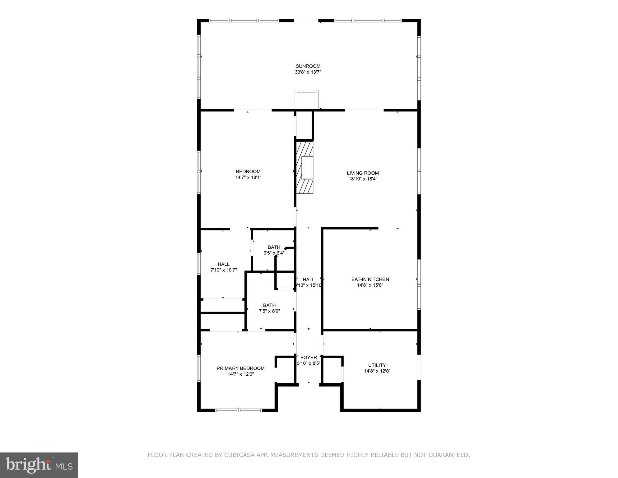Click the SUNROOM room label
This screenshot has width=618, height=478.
pyautogui.click(x=308, y=66)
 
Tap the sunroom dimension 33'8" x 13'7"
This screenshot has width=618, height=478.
pyautogui.click(x=308, y=72)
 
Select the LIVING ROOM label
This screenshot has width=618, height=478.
pyautogui.click(x=363, y=173)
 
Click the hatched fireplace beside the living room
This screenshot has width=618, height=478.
pyautogui.click(x=304, y=167)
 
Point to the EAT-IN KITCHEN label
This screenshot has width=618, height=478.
pyautogui.click(x=370, y=279)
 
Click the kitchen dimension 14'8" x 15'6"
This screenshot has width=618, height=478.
pyautogui.click(x=370, y=285)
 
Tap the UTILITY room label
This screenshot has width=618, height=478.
pyautogui.click(x=377, y=365)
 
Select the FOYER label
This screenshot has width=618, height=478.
pyautogui.click(x=309, y=358)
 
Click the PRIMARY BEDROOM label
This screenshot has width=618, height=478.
pyautogui.click(x=240, y=368)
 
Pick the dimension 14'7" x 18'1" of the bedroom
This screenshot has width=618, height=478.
pyautogui.click(x=248, y=177)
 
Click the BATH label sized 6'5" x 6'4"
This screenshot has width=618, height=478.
pyautogui.click(x=274, y=247)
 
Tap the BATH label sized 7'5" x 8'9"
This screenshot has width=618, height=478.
pyautogui.click(x=269, y=305)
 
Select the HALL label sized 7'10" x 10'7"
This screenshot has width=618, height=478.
pyautogui.click(x=224, y=264)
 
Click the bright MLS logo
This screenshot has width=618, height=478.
pyautogui.click(x=39, y=465)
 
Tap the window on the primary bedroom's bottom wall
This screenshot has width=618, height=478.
pyautogui.click(x=239, y=410)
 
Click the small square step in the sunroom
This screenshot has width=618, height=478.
pyautogui.click(x=307, y=100)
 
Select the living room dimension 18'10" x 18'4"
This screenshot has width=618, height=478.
pyautogui.click(x=363, y=179)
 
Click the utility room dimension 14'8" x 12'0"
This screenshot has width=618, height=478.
pyautogui.click(x=377, y=371)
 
